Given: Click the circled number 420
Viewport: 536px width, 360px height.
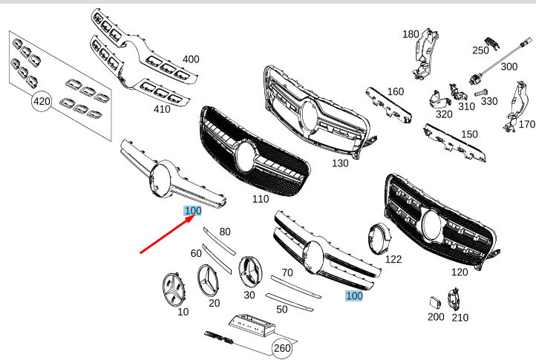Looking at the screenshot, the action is tap(42, 102).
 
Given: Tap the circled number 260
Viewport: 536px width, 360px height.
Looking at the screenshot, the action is tap(282, 348).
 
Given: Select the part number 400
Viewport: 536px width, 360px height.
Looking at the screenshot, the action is tap(191, 59).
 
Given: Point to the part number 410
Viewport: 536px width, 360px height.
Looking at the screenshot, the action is tap(162, 109).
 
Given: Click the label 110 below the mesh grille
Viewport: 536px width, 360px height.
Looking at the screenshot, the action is tap(261, 199).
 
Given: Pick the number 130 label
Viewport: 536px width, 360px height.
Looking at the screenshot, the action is tap(340, 163).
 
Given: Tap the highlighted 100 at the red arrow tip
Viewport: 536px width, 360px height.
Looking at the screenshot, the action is tap(193, 211).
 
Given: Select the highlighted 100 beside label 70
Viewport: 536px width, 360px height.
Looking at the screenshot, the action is tap(354, 295).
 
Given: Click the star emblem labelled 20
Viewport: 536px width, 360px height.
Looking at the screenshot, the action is tap(207, 281).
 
